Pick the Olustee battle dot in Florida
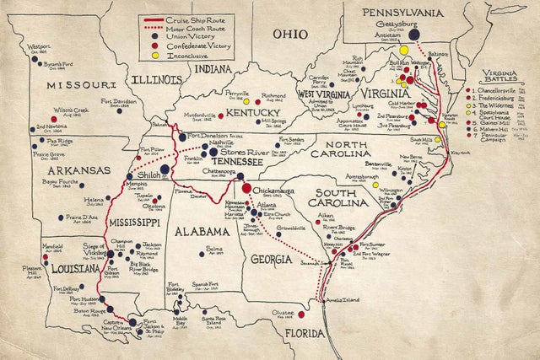302,314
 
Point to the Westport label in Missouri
39,48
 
